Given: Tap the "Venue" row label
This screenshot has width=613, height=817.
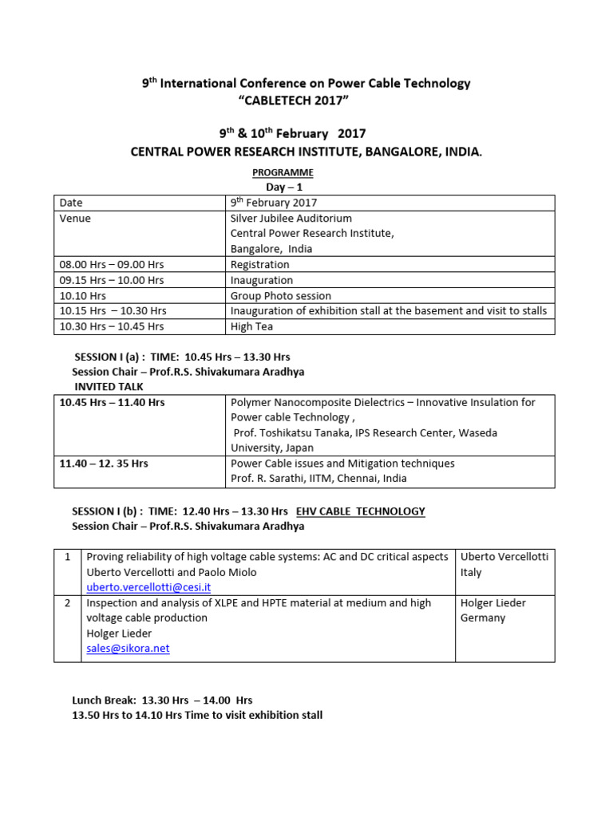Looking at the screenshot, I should click(75, 218).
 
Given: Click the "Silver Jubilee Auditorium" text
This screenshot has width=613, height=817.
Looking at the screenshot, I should click(291, 218).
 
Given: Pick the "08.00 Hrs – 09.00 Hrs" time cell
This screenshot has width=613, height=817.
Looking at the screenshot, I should click(112, 264).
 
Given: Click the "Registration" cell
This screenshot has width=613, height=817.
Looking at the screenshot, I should click(259, 264).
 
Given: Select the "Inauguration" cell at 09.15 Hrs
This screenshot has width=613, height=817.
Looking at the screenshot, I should click(261, 280).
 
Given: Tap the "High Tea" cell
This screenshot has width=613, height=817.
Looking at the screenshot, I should click(252, 326).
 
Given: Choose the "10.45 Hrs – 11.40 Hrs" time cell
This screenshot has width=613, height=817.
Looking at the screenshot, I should click(112, 402).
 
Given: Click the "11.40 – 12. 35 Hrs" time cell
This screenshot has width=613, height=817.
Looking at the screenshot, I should click(104, 464).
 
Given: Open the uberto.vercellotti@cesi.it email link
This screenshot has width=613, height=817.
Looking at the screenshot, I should click(148, 587).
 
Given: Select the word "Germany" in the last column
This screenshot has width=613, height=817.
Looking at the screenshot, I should click(483, 618).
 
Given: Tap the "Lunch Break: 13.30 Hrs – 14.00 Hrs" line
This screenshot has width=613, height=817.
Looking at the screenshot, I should click(162, 700).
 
